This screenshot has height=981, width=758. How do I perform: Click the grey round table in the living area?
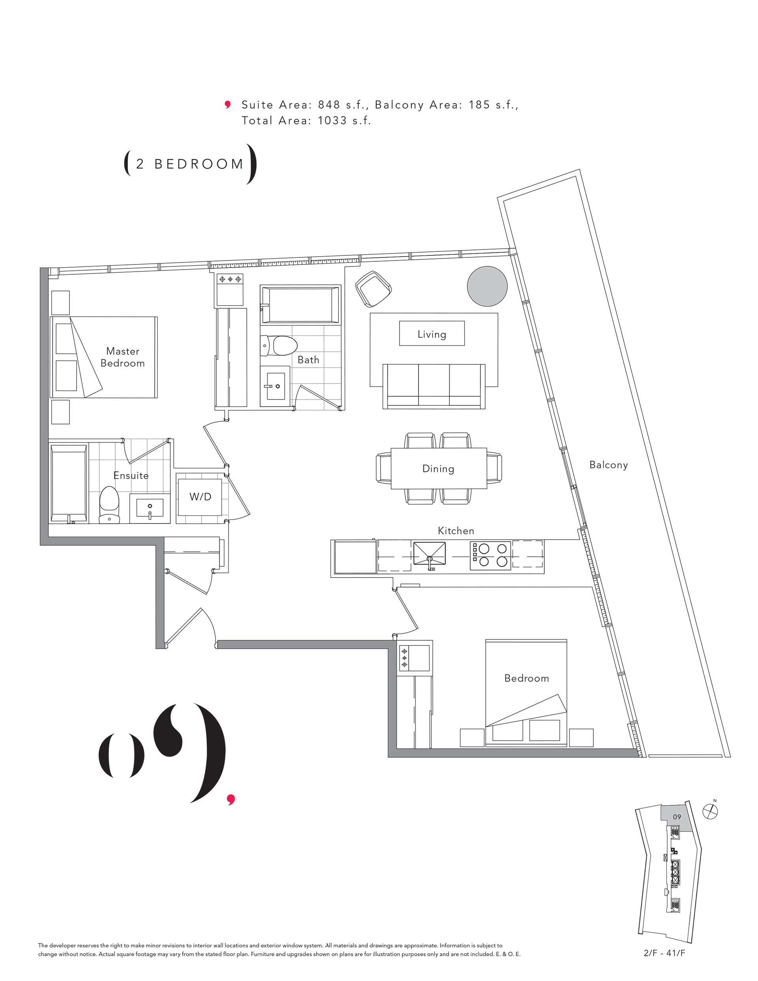pos(487,286)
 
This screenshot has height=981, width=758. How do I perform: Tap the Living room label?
pos(432,334)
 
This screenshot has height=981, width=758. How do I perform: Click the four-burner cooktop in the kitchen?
pos(491,555)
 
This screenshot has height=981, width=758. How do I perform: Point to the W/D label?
pos(201,496)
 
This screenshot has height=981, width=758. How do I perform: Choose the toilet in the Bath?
pos(279,345)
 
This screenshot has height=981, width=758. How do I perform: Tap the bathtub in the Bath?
pos(300,304)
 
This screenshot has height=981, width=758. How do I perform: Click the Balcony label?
pos(608,465)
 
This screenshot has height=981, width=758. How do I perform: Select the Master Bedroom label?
pos(123,357)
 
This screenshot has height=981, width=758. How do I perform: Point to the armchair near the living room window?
pos(373,289)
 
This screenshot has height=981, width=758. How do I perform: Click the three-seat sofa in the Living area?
pos(433,386)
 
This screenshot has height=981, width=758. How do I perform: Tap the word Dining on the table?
pos(438,469)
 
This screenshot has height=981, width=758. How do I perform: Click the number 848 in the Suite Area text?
pos(329,105)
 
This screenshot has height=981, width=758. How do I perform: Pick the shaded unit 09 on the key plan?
pos(676,818)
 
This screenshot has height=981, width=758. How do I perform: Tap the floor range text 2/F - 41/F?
pos(664,953)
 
